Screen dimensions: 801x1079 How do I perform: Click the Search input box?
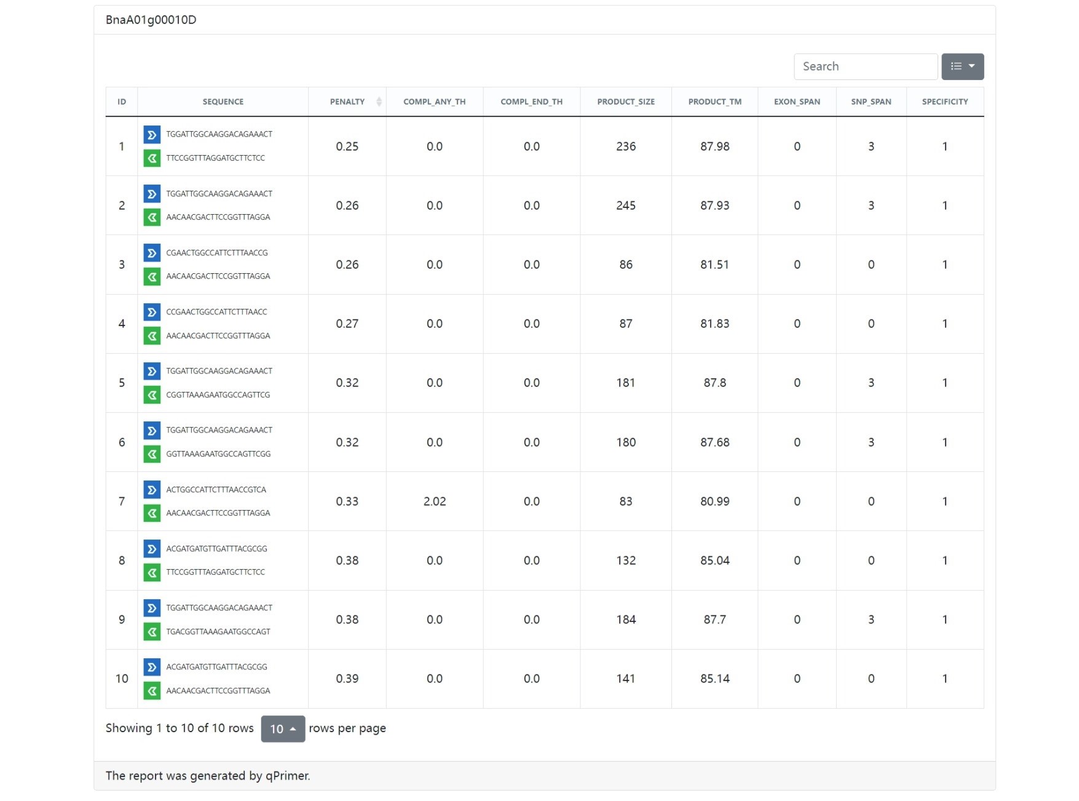(x=865, y=66)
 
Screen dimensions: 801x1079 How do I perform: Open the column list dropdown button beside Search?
(x=962, y=66)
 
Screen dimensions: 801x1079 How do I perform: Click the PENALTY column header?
(x=347, y=102)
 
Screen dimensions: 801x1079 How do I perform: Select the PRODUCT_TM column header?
(x=714, y=102)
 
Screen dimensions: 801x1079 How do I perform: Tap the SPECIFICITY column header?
(x=944, y=102)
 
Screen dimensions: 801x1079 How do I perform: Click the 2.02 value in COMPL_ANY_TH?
(x=434, y=501)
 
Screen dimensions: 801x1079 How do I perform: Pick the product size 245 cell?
(x=625, y=205)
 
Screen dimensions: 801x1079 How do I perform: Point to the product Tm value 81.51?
(x=714, y=265)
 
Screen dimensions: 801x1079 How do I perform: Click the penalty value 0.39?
(x=347, y=679)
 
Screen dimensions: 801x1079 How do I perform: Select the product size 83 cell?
(x=625, y=501)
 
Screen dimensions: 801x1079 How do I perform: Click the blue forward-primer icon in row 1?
(x=152, y=134)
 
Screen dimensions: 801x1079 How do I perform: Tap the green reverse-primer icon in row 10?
(x=152, y=691)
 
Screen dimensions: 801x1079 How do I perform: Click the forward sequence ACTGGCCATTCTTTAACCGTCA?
(x=216, y=490)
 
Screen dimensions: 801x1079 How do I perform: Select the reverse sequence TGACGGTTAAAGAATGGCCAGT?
(x=218, y=632)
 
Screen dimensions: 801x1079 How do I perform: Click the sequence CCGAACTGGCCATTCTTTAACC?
(x=216, y=312)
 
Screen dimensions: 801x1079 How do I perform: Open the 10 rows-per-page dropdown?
(x=283, y=729)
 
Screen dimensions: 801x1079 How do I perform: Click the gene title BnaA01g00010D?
(x=151, y=20)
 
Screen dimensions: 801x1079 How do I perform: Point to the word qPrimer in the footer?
(x=287, y=776)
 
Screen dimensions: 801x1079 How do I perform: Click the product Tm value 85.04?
(x=714, y=560)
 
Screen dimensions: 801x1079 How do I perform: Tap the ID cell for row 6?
(x=122, y=442)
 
